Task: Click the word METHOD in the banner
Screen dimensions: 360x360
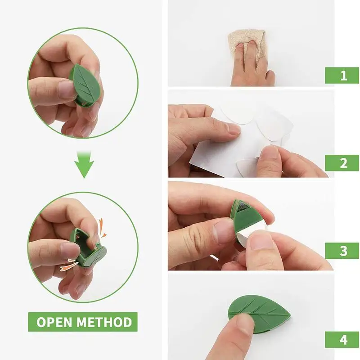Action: [104, 322]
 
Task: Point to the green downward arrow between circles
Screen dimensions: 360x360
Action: [84, 164]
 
